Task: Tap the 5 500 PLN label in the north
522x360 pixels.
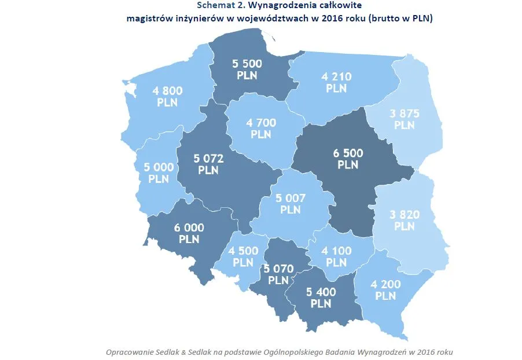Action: (x=248, y=69)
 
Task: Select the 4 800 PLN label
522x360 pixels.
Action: (x=167, y=96)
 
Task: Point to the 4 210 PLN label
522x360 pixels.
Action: (x=336, y=82)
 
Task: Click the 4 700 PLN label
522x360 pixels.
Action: (x=261, y=128)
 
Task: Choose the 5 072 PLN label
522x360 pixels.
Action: (x=208, y=164)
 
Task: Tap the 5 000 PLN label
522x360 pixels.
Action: (x=158, y=172)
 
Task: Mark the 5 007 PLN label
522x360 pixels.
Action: (x=290, y=203)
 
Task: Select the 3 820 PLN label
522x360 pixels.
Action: (x=405, y=220)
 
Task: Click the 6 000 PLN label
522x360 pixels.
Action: (x=189, y=233)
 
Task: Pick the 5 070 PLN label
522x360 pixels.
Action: (x=278, y=274)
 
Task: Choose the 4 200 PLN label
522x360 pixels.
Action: (x=385, y=290)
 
